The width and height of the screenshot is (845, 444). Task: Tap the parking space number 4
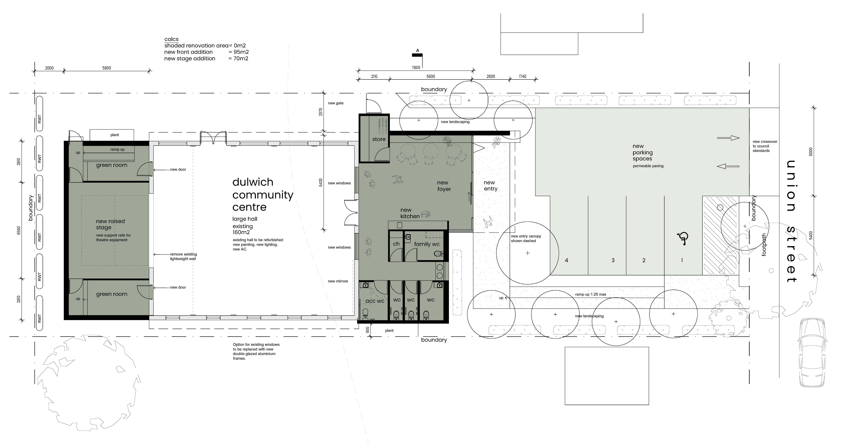tap(566, 260)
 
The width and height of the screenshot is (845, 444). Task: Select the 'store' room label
tap(379, 139)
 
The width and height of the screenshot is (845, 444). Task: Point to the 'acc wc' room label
tap(375, 301)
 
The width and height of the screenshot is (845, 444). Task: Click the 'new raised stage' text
tap(110, 224)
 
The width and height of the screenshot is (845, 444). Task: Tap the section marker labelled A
tap(418, 55)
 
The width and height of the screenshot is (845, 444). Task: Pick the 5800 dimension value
tap(107, 68)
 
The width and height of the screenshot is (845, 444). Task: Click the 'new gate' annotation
tap(336, 103)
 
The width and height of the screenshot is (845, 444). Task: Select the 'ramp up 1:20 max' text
tap(590, 294)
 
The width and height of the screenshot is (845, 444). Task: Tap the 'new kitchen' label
tap(410, 213)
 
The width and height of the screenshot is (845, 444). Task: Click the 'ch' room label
tap(396, 244)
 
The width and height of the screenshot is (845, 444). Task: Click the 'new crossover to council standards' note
tap(765, 146)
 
